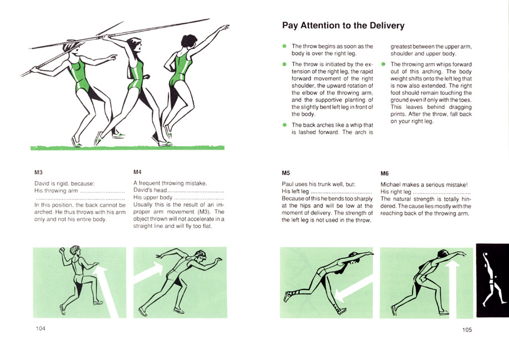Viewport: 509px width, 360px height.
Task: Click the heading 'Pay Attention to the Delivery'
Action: click(343, 26)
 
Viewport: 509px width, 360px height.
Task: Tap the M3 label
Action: click(38, 172)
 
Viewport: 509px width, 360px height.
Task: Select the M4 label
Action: click(137, 172)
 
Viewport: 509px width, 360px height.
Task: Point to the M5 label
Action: click(286, 173)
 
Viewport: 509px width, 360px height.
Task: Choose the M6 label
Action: click(385, 173)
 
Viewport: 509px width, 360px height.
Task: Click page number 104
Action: click(40, 328)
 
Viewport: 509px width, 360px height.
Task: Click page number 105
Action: click(467, 330)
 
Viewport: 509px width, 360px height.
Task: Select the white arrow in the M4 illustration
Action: click(149, 272)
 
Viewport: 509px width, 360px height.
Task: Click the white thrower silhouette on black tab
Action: click(492, 279)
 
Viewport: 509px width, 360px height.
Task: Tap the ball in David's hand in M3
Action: click(61, 250)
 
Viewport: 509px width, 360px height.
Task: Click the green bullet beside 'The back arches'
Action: click(285, 125)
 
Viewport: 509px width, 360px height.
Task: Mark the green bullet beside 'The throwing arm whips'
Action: click(383, 64)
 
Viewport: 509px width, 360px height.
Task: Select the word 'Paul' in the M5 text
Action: click(287, 184)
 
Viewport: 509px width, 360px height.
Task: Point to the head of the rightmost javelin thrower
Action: click(189, 41)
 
